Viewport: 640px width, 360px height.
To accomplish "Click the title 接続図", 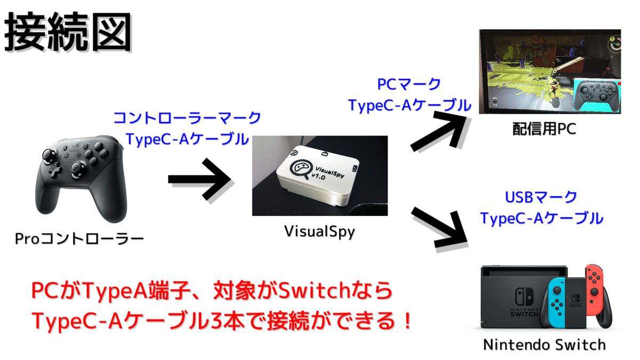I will [x=68, y=33].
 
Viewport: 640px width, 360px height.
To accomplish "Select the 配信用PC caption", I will [x=551, y=129].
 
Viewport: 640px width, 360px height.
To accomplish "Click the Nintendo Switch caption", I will [x=544, y=344].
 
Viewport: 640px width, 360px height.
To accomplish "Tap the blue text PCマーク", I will [x=409, y=84].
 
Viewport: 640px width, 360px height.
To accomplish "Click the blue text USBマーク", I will [x=541, y=197].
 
